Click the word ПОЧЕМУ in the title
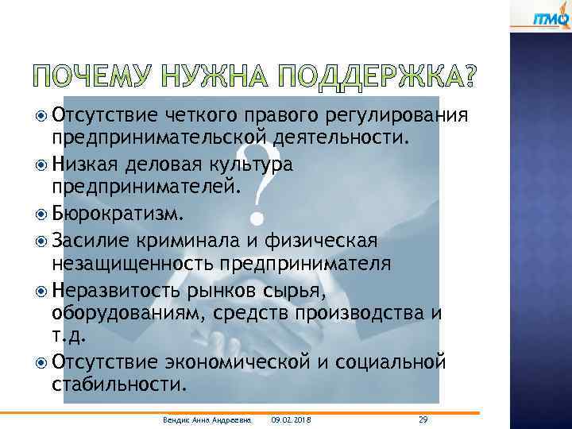tap(97, 77)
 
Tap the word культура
tap(253, 164)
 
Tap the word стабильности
tap(119, 386)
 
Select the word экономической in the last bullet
tap(247, 362)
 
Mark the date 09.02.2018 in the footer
tap(291, 419)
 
